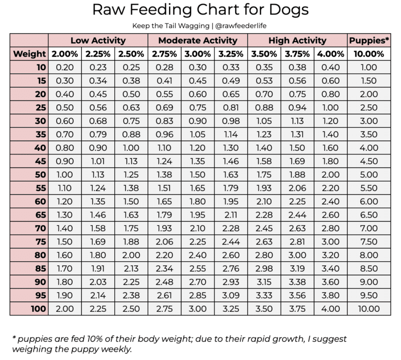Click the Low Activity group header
[98, 41]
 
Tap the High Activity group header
[297, 41]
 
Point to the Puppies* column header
[369, 41]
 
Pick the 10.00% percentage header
[369, 54]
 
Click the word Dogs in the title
[287, 11]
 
